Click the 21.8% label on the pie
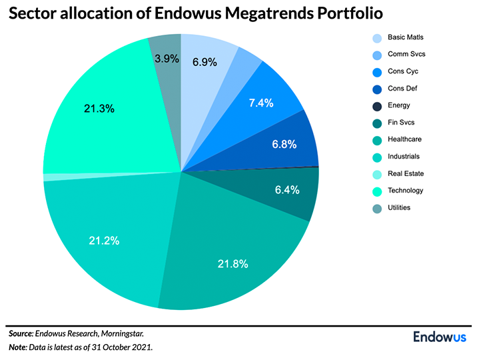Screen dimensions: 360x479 pyautogui.click(x=233, y=264)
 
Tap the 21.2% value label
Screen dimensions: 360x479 pyautogui.click(x=105, y=241)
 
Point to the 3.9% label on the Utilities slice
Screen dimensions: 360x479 pyautogui.click(x=166, y=59)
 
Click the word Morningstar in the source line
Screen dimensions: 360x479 pyautogui.click(x=119, y=333)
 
